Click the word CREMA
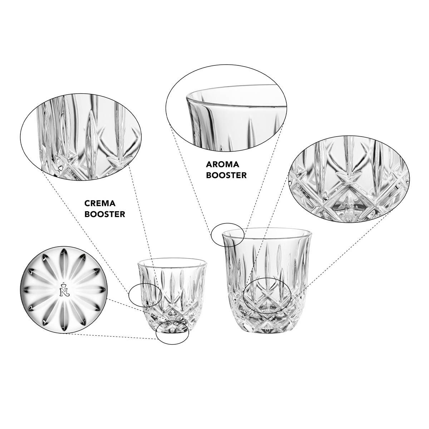click(x=100, y=203)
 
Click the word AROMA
click(x=222, y=164)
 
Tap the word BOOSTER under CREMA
click(x=105, y=214)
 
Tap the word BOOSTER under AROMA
click(x=226, y=175)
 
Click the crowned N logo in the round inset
click(x=64, y=290)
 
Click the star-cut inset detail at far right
click(x=349, y=179)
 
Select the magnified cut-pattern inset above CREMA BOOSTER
click(x=80, y=137)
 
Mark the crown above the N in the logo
click(x=64, y=285)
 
